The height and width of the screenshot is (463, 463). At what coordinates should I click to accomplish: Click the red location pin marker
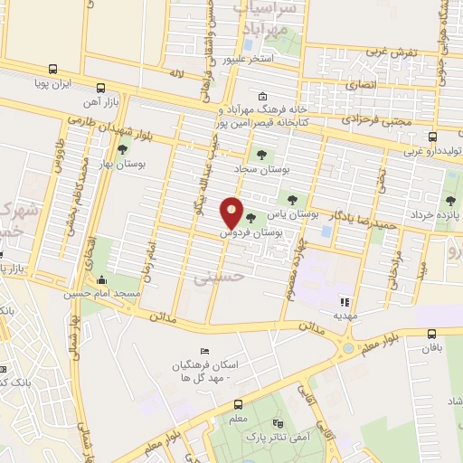(x=232, y=213)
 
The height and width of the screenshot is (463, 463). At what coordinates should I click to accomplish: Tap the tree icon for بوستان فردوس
(x=250, y=218)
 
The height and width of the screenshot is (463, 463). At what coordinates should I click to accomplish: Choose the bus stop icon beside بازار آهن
(x=99, y=89)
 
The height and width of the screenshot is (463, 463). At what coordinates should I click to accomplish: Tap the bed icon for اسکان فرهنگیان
(x=203, y=352)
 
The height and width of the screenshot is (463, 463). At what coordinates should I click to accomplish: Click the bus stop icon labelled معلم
(x=238, y=404)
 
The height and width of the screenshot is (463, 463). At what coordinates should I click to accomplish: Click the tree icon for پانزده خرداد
(x=450, y=201)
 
